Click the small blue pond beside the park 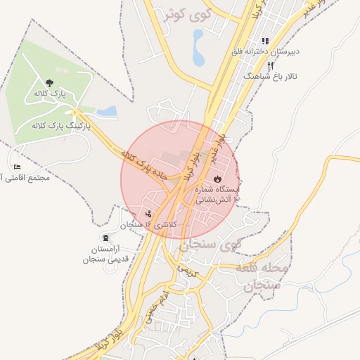click(107, 111)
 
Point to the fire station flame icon click(217, 179)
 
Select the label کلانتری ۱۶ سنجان click(150, 224)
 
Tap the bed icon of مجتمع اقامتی click(17, 167)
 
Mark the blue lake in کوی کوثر click(199, 46)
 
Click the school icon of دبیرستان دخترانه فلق click(265, 41)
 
